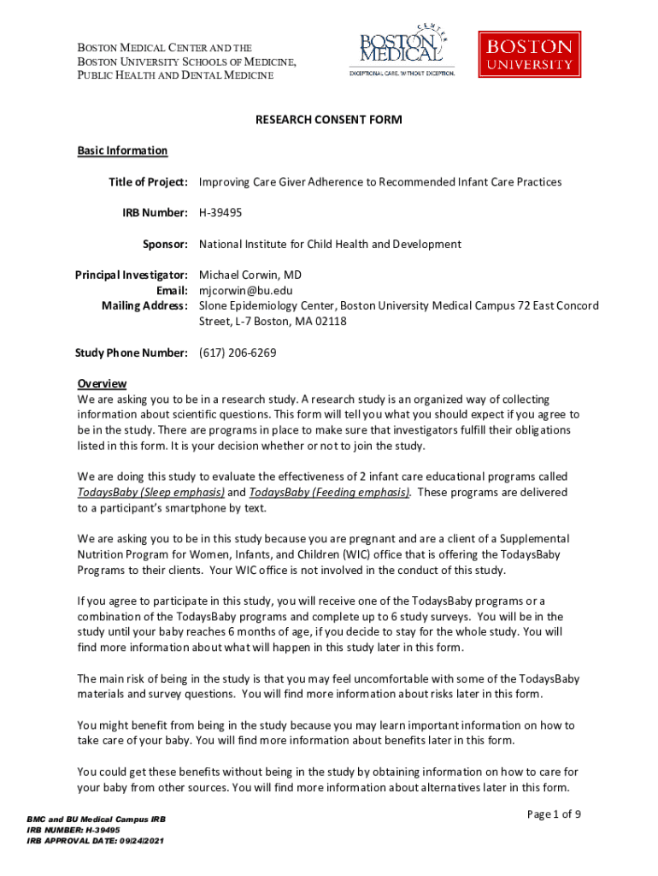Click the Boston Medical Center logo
[x=401, y=50]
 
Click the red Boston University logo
[x=530, y=54]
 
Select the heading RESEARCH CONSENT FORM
[x=329, y=120]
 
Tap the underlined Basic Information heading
[x=122, y=151]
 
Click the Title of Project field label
[x=148, y=182]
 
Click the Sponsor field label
[x=165, y=244]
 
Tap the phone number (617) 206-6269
[x=238, y=352]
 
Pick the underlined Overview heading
[x=102, y=383]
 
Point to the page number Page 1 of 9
[x=554, y=814]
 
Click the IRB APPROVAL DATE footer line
[x=95, y=841]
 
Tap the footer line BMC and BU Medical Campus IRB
[x=96, y=820]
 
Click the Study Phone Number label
[x=131, y=352]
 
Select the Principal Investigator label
[x=132, y=275]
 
